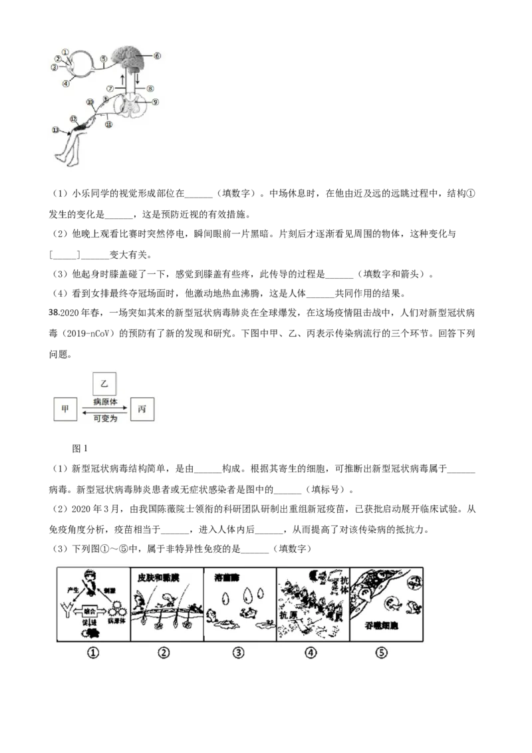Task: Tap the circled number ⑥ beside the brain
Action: pyautogui.click(x=158, y=57)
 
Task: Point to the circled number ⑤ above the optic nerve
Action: pyautogui.click(x=103, y=59)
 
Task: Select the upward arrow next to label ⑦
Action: pyautogui.click(x=122, y=80)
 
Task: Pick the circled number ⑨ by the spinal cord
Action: pyautogui.click(x=156, y=102)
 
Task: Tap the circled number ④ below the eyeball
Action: pyautogui.click(x=65, y=83)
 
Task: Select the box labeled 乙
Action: pyautogui.click(x=103, y=383)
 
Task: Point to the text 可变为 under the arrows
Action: pyautogui.click(x=104, y=417)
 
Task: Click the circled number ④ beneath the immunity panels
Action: pyautogui.click(x=311, y=653)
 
